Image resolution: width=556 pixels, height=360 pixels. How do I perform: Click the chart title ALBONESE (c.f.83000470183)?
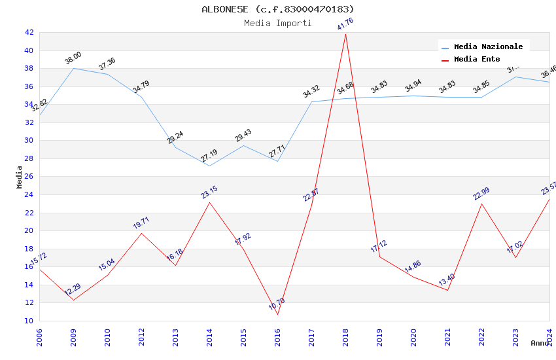click(278, 9)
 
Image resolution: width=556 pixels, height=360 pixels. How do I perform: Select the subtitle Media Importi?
click(278, 24)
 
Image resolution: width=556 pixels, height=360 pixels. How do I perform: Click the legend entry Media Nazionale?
click(488, 47)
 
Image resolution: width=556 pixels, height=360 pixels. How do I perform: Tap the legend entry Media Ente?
click(477, 60)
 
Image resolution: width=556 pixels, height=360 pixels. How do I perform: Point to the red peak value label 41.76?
click(345, 24)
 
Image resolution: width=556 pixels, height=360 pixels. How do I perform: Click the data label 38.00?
click(73, 58)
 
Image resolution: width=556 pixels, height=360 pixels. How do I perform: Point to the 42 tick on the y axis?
click(29, 33)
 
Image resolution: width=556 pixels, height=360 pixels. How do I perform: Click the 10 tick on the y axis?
click(29, 321)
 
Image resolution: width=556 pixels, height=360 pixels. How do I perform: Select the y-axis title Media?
click(19, 177)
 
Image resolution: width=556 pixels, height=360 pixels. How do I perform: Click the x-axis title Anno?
click(540, 343)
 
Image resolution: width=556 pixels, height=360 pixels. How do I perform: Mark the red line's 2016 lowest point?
click(277, 314)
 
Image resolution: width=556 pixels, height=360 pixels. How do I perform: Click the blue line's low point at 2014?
click(209, 166)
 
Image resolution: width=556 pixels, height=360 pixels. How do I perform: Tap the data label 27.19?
click(209, 156)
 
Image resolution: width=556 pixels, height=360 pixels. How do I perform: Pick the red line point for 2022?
click(481, 204)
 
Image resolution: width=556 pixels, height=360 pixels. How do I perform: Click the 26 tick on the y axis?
click(29, 177)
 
